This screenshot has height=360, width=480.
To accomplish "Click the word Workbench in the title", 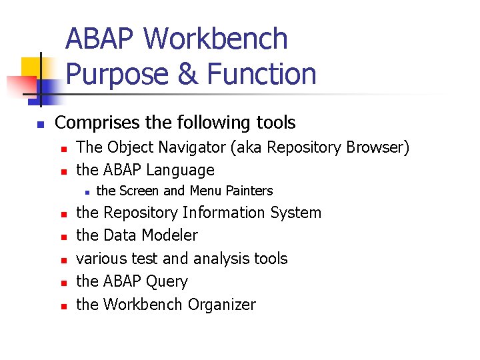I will coord(216,39).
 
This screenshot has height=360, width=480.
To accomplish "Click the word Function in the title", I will coord(261,73).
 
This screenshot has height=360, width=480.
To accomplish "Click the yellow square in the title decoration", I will coord(32,69).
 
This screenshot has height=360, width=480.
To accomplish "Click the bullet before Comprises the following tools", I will coord(40,125).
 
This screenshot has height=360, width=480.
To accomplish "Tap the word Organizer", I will coord(222,305).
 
